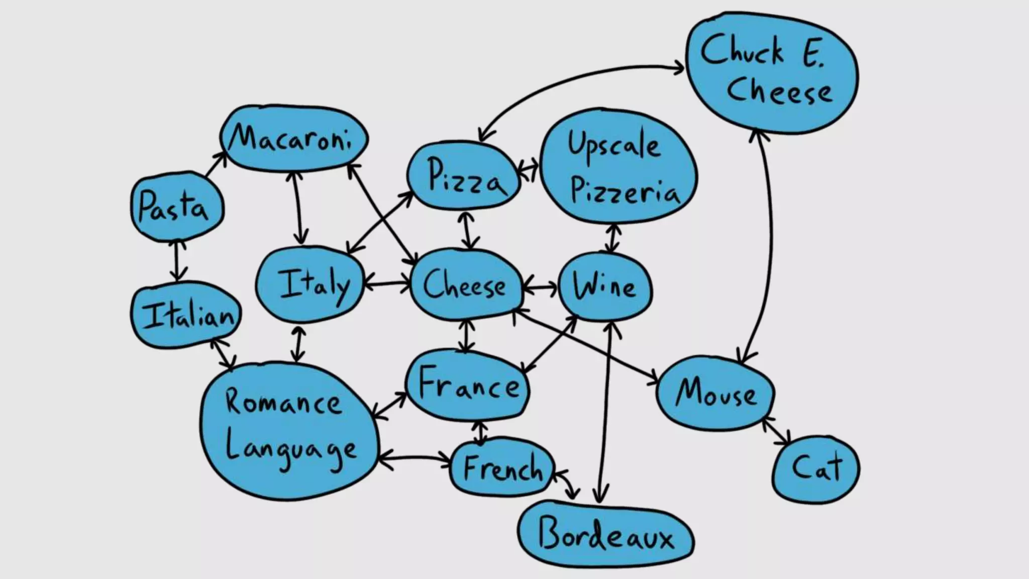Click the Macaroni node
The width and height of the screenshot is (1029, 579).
[294, 138]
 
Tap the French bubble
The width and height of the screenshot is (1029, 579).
[502, 467]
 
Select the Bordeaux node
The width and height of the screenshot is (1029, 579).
[605, 535]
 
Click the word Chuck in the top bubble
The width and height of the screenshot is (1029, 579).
[741, 50]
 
